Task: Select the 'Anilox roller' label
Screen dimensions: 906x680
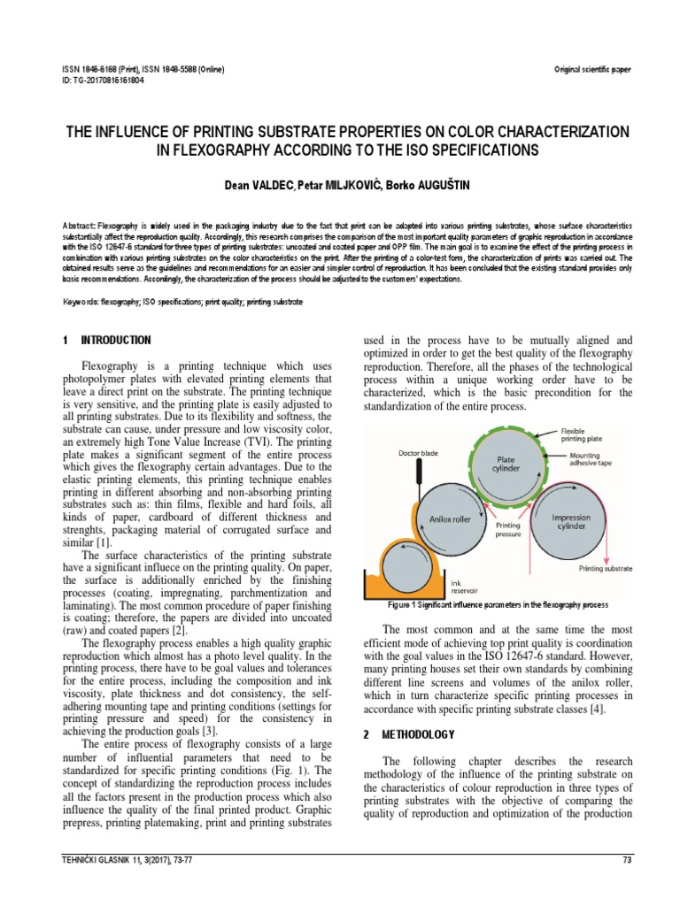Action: tap(449, 519)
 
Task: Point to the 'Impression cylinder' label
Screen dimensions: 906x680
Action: tap(571, 523)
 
